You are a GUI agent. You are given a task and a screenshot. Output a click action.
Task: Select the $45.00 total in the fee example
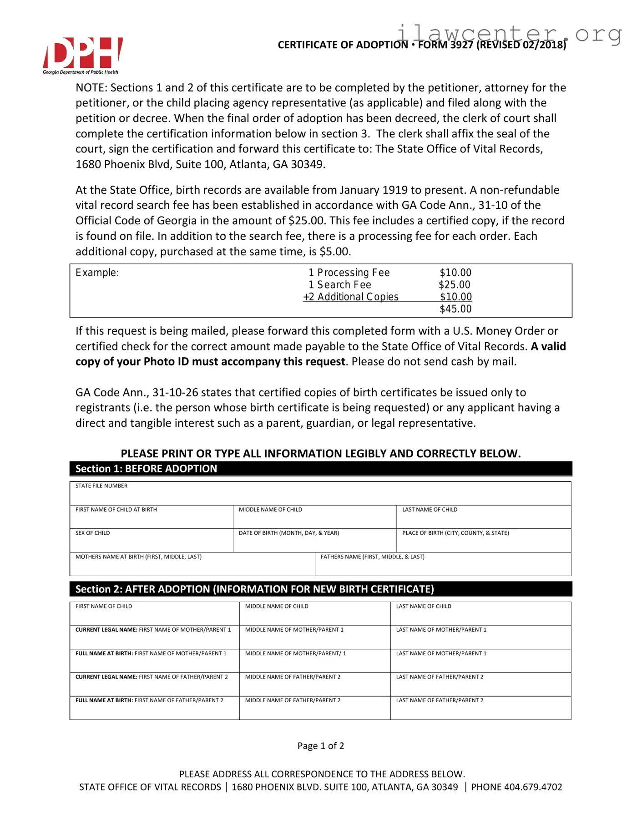pyautogui.click(x=455, y=309)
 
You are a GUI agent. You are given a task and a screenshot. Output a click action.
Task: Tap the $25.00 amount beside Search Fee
pyautogui.click(x=455, y=285)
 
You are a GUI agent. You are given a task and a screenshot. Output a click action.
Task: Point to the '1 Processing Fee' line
pyautogui.click(x=349, y=273)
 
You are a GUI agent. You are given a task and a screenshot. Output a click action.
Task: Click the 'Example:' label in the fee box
pyautogui.click(x=97, y=273)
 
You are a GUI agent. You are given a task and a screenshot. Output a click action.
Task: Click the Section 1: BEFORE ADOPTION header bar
pyautogui.click(x=320, y=469)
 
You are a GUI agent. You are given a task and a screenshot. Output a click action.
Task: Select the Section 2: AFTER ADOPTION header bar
pyautogui.click(x=320, y=589)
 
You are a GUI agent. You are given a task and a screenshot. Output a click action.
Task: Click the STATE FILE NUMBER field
pyautogui.click(x=320, y=494)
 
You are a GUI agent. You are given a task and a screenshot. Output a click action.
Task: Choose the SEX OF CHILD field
pyautogui.click(x=151, y=542)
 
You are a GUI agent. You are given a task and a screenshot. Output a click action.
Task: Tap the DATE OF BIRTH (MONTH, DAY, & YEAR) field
pyautogui.click(x=314, y=542)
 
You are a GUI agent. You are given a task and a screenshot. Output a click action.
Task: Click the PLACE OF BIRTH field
pyautogui.click(x=484, y=542)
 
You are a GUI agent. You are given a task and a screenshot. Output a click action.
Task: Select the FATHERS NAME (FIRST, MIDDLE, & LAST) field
pyautogui.click(x=443, y=565)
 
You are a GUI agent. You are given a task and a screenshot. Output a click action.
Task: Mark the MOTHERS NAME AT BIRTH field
pyautogui.click(x=192, y=565)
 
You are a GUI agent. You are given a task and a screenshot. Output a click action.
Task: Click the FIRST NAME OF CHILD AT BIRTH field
pyautogui.click(x=151, y=518)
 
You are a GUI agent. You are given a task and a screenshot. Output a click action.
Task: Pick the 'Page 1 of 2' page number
pyautogui.click(x=320, y=745)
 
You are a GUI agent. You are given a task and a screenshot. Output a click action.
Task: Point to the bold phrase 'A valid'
pyautogui.click(x=548, y=346)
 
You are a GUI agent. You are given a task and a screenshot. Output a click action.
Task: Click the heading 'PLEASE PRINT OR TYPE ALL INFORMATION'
pyautogui.click(x=320, y=453)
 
